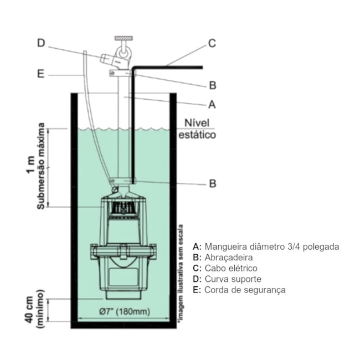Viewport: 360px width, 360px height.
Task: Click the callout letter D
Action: click(40, 42)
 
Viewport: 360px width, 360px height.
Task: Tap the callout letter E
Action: click(40, 74)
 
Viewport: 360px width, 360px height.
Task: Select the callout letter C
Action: click(212, 43)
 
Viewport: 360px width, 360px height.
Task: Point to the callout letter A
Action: click(211, 104)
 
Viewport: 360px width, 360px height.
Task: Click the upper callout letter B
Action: click(212, 85)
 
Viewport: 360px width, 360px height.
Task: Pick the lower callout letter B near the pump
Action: click(212, 184)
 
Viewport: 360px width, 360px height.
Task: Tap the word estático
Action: click(197, 135)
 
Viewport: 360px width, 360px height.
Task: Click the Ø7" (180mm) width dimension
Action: click(124, 311)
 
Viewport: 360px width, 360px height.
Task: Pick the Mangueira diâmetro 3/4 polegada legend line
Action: click(265, 246)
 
